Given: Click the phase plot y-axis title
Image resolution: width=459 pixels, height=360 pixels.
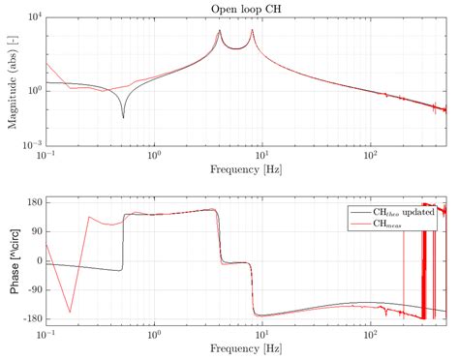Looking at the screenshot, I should (13, 259).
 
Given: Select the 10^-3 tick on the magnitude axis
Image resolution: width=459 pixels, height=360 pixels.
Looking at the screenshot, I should (30, 143).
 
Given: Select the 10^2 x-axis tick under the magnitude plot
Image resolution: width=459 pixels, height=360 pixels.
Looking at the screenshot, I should (370, 154).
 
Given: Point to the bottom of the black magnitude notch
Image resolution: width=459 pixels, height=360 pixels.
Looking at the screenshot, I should (123, 117).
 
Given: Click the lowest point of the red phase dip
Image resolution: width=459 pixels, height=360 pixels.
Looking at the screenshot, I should (70, 312).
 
